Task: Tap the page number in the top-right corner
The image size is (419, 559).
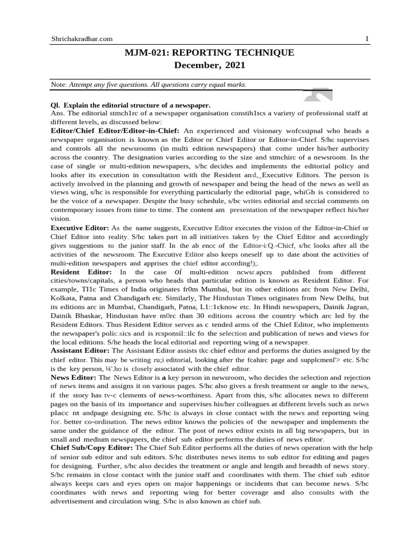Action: click(367, 39)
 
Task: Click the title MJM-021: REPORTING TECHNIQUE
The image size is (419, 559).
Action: click(209, 52)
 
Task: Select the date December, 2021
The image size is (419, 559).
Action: click(209, 66)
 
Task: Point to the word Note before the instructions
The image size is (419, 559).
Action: click(58, 85)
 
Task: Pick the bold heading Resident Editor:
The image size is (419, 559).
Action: click(81, 272)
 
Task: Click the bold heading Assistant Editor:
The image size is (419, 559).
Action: click(82, 351)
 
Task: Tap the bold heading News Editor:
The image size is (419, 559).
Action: click(74, 378)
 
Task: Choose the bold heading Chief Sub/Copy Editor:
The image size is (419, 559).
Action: click(92, 448)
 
